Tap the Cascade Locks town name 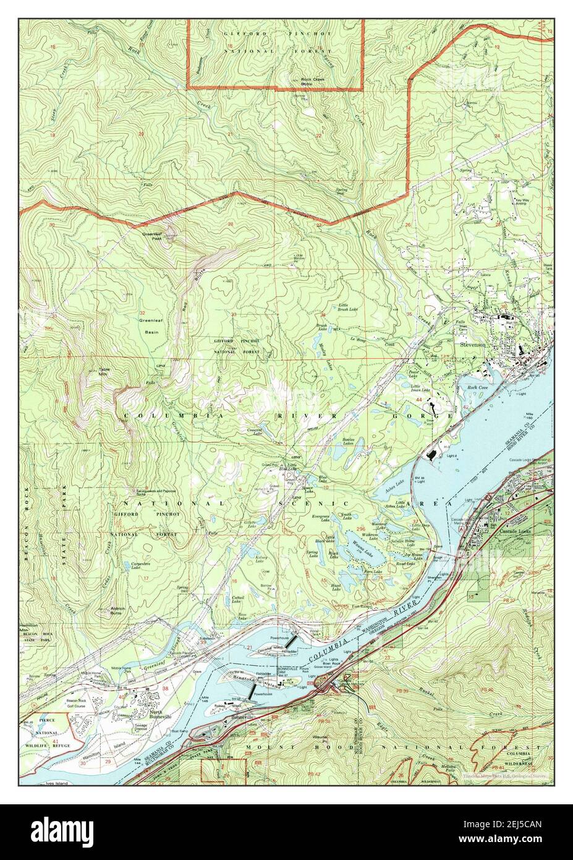tap(512, 531)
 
